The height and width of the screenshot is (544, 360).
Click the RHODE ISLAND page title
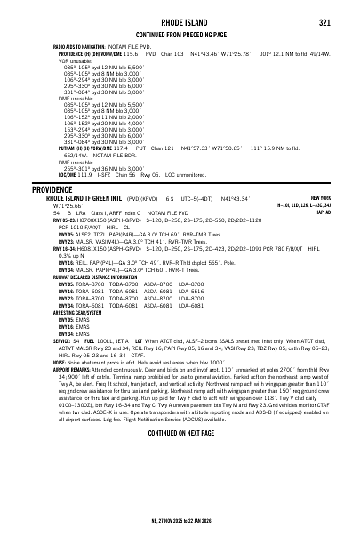tap(180, 23)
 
